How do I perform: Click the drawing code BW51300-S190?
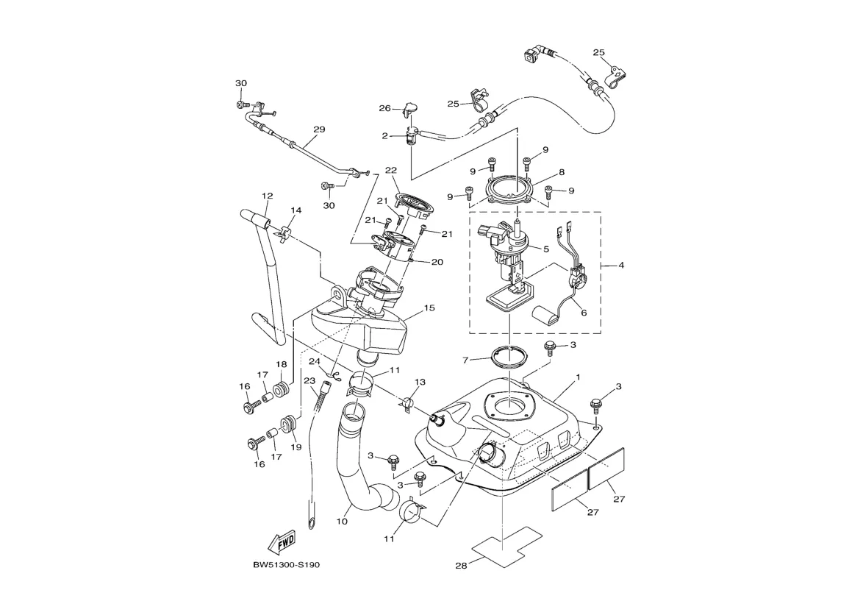287,565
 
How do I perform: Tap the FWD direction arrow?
282,542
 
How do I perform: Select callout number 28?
461,566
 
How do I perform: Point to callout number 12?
267,196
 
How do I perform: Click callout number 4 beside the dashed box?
621,265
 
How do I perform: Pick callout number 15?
429,308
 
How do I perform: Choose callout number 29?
318,129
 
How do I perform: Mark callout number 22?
390,170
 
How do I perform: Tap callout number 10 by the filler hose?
342,522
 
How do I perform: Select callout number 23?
309,381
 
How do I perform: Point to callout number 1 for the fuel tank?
578,377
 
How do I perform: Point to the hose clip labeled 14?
284,232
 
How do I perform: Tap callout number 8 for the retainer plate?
561,172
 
